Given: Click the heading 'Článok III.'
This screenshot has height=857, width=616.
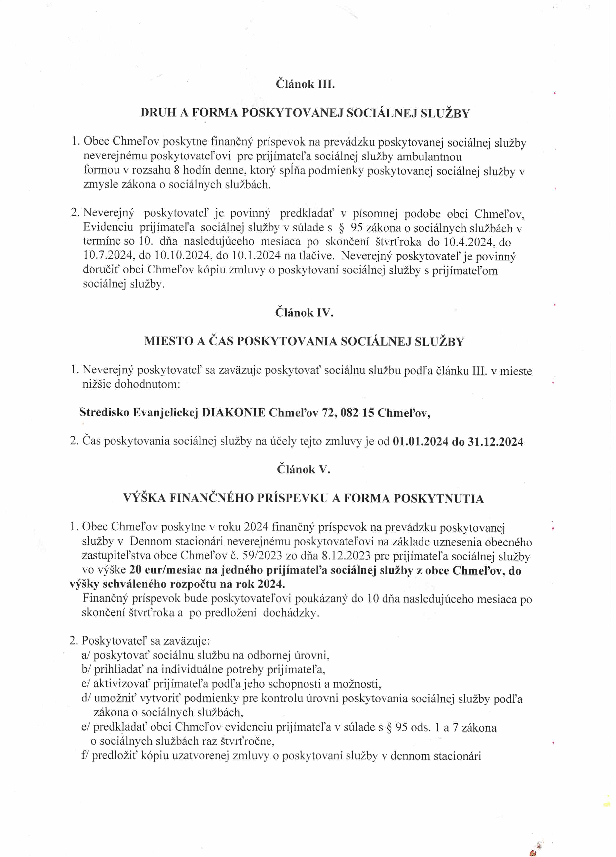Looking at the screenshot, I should (305, 84).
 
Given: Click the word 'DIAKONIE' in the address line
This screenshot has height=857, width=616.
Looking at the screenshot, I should (233, 412).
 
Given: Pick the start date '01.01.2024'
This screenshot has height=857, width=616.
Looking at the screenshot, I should (421, 441).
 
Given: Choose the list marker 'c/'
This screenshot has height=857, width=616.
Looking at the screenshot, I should (86, 684).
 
